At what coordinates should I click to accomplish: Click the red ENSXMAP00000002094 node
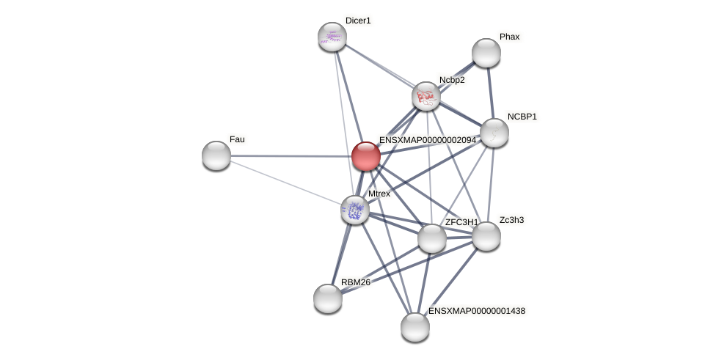point(365,155)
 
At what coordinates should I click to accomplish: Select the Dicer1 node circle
point(332,36)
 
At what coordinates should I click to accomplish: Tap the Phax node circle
point(486,52)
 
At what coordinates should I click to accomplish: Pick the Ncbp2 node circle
point(425,96)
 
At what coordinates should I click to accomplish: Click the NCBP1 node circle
point(494,133)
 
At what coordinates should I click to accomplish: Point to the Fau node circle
point(216,155)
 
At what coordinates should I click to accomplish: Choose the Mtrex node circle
point(355,210)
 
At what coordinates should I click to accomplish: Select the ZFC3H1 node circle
point(431,238)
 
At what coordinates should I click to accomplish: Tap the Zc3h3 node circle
point(486,235)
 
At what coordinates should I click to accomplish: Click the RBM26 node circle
point(328,298)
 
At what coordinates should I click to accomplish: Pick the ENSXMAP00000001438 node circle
point(414,326)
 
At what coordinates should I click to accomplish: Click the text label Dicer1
point(358,21)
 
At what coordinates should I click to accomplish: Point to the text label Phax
point(509,37)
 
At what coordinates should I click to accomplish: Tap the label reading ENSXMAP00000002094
point(427,140)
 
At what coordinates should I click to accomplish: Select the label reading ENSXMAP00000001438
point(477,311)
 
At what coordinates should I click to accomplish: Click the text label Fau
point(237,139)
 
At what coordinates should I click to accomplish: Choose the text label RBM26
point(355,282)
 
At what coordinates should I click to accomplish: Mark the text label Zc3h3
point(511,220)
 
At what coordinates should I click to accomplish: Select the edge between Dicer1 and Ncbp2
point(379,66)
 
